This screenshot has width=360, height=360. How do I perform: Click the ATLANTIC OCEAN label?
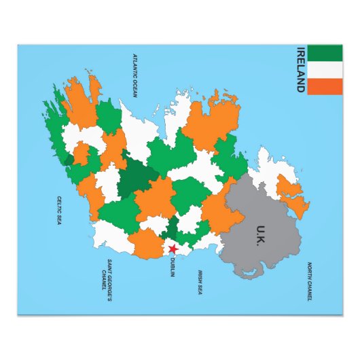coord(135,75)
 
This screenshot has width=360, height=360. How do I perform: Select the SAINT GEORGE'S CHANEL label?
coord(106,274)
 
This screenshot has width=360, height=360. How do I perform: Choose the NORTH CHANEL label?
coord(310,282)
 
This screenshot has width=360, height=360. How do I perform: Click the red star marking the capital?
coord(173,249)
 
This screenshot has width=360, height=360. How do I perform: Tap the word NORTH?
coord(310,270)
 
